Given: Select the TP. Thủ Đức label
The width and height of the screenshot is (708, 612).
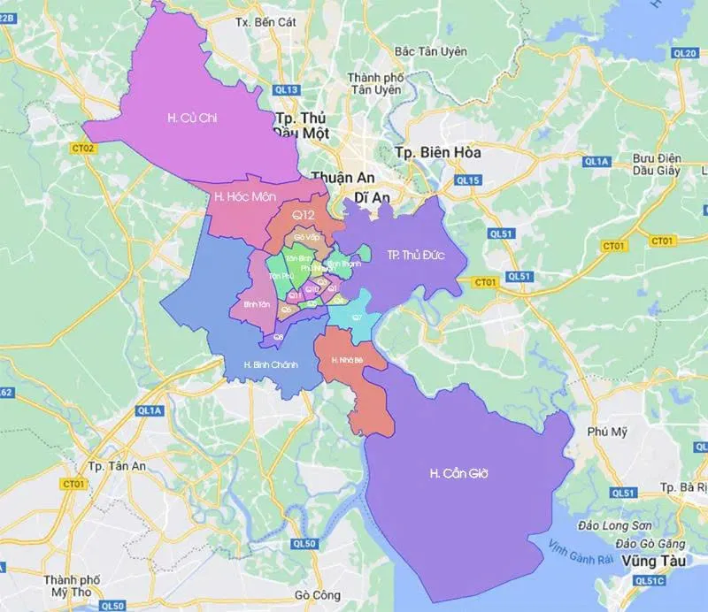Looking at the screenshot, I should (x=414, y=256).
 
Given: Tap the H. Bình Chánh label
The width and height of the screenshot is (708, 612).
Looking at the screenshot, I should (x=272, y=364).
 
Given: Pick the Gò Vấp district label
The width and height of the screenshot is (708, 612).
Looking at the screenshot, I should (x=306, y=238).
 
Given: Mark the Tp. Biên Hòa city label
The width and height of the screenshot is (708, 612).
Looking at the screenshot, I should (x=438, y=152).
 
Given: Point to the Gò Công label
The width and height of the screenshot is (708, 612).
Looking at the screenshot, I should (x=312, y=595).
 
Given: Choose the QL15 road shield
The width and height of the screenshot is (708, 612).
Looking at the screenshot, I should (x=467, y=180).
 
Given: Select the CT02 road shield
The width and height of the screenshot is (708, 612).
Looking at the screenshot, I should (x=83, y=149).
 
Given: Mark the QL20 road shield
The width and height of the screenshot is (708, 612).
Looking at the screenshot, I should (x=685, y=53).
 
